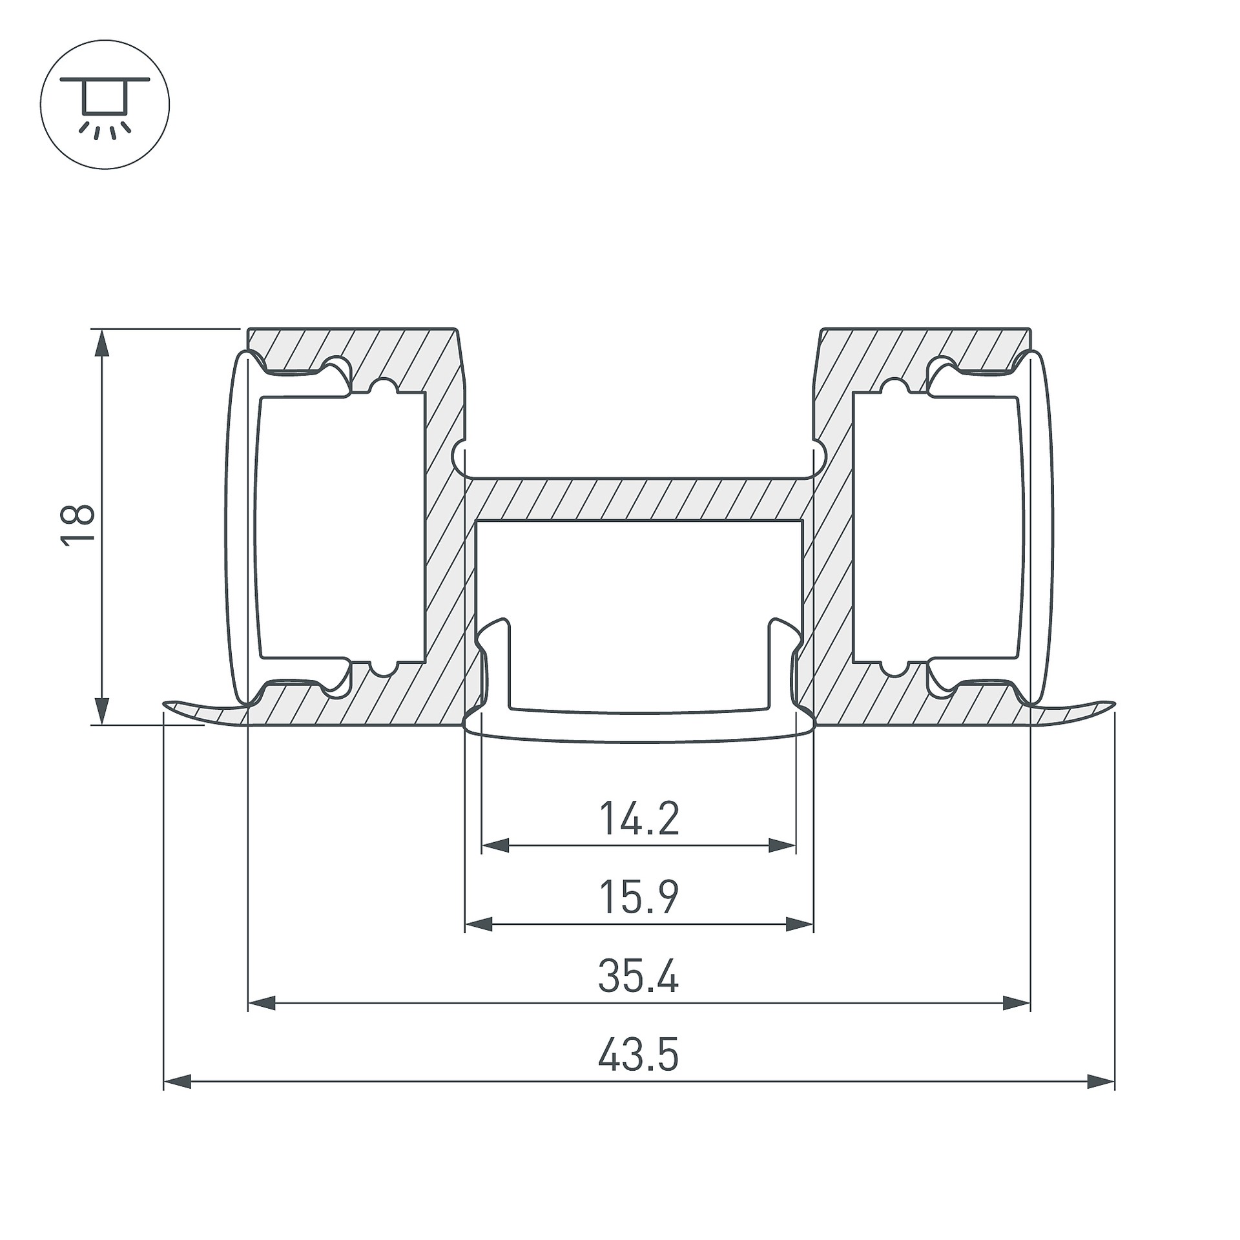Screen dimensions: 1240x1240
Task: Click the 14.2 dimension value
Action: (x=639, y=818)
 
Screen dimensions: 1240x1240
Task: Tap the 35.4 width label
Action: (x=638, y=976)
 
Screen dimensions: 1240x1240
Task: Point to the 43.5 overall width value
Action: (x=638, y=1055)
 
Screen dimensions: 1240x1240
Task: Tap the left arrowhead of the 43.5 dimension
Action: (x=178, y=1082)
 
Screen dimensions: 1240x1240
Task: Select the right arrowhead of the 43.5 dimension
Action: (x=1101, y=1082)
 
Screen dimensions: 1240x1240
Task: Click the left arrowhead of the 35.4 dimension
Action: (x=262, y=1003)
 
